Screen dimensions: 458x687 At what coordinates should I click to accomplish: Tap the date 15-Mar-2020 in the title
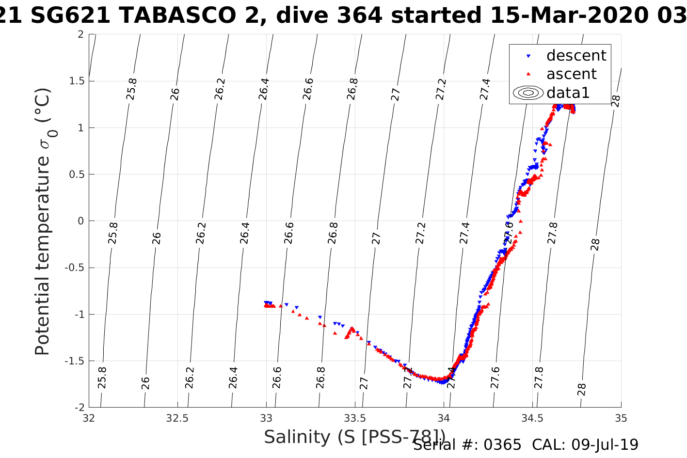562,16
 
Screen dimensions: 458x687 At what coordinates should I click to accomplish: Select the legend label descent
576,56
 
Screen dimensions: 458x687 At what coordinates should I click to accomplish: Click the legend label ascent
571,74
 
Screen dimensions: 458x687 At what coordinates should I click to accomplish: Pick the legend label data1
568,93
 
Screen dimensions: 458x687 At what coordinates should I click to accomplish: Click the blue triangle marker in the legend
528,56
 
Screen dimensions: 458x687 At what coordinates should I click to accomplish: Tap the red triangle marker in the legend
528,74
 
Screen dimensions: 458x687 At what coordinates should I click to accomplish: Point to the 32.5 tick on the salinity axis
177,418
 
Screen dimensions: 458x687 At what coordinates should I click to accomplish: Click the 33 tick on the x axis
266,418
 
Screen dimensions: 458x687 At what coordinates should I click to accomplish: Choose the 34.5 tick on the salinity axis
532,418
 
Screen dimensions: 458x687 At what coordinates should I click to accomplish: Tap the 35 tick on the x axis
621,418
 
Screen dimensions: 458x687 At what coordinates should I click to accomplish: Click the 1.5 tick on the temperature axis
75,81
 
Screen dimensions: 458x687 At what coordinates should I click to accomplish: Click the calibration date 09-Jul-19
605,445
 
